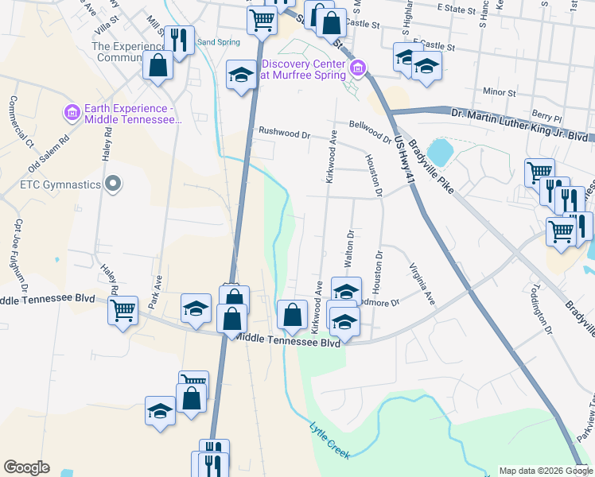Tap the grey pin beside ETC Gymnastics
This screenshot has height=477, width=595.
[113, 185]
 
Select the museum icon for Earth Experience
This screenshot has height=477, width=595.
[72, 113]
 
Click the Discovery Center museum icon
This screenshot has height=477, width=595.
[358, 69]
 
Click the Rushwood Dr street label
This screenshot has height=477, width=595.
[284, 134]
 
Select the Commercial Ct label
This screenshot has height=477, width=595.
[21, 122]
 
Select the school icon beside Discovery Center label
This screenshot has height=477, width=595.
[240, 76]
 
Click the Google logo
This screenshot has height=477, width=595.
[26, 467]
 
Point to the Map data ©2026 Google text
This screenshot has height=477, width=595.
[546, 471]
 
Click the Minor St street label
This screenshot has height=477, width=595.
[500, 93]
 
